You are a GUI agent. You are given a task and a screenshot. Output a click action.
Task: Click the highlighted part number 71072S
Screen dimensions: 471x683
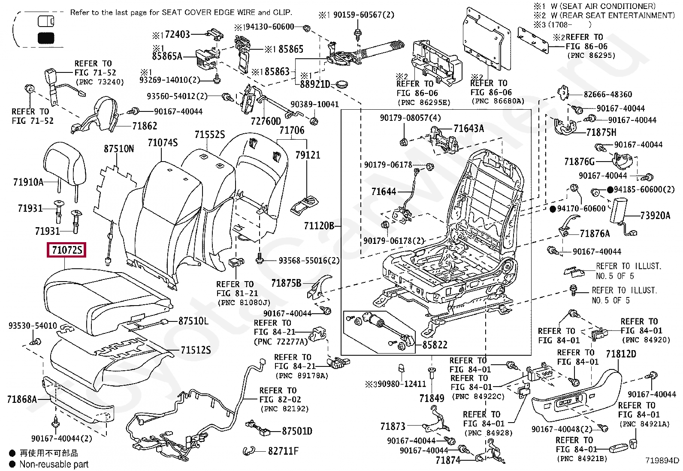click(66, 249)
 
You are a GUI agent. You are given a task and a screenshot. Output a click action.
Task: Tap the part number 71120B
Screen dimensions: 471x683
click(319, 226)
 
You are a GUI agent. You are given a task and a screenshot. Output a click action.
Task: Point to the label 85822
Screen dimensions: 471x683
click(435, 345)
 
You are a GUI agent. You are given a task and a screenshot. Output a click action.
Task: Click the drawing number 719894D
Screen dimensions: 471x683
click(662, 461)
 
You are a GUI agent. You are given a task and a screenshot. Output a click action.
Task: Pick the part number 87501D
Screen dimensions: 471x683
click(297, 431)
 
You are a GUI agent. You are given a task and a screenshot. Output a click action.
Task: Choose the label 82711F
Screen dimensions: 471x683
click(283, 451)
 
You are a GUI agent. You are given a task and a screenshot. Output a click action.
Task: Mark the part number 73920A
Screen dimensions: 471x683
click(655, 216)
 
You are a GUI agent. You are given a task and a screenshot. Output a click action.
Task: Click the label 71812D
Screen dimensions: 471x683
click(621, 354)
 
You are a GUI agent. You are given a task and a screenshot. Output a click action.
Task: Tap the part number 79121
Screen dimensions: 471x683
click(308, 155)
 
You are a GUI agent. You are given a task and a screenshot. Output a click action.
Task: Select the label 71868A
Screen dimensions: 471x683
click(22, 399)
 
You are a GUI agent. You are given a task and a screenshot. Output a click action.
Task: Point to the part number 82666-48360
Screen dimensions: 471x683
click(607, 94)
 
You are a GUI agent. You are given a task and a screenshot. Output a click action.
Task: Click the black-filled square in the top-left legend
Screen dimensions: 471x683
click(46, 38)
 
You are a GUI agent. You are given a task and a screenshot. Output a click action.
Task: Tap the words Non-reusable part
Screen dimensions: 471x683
click(54, 464)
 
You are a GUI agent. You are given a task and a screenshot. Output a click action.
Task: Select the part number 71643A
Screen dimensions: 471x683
click(468, 129)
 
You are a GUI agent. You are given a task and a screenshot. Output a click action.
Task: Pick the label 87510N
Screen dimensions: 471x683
click(119, 149)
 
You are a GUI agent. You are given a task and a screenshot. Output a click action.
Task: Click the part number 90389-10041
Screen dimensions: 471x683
click(314, 104)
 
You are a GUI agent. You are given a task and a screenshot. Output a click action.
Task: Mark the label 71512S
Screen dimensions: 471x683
click(196, 350)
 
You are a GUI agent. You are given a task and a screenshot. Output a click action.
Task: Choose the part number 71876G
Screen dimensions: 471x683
click(579, 162)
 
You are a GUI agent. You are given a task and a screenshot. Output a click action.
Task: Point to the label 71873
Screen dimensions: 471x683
click(393, 426)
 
